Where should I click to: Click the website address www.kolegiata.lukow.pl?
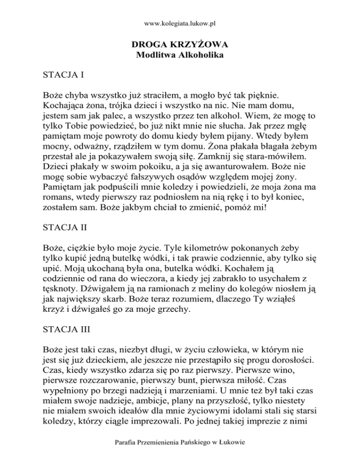pos(180,22)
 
